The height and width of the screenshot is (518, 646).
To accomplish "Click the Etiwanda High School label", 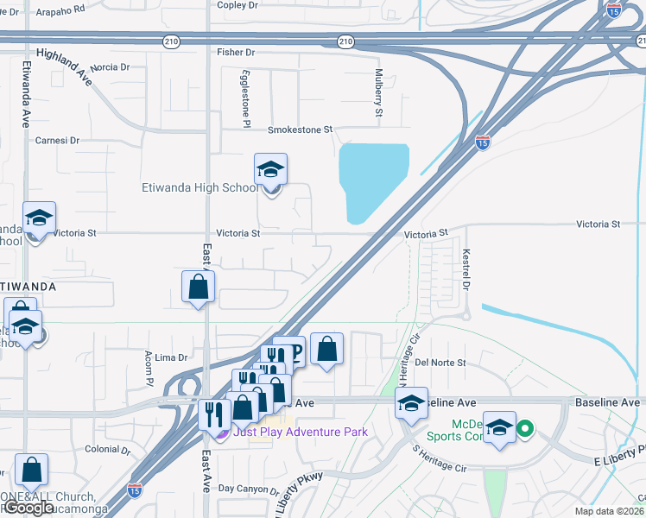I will click(x=199, y=187).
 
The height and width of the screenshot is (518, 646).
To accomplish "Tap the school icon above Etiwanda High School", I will click(x=270, y=171).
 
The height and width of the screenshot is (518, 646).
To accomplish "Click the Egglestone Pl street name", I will click(x=246, y=95).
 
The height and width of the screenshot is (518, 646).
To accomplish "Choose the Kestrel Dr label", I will click(x=466, y=269).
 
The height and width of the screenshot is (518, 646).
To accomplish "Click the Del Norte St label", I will click(x=440, y=363).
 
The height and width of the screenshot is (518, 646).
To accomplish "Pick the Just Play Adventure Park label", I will click(x=300, y=432).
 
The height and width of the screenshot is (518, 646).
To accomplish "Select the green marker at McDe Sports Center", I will click(x=523, y=427).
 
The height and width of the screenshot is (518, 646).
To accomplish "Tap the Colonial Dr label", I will click(x=108, y=450).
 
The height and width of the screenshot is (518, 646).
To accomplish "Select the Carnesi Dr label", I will click(x=57, y=140).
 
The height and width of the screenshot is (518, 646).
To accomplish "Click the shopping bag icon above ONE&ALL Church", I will click(x=31, y=471).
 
